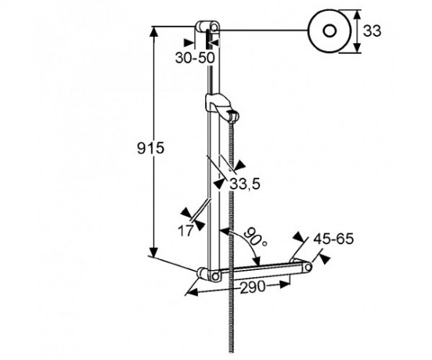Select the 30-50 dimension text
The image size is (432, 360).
pyautogui.click(x=193, y=57)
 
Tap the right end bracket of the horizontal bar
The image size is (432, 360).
pyautogui.click(x=301, y=267)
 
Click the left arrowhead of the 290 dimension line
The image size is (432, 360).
pyautogui.click(x=193, y=291)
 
